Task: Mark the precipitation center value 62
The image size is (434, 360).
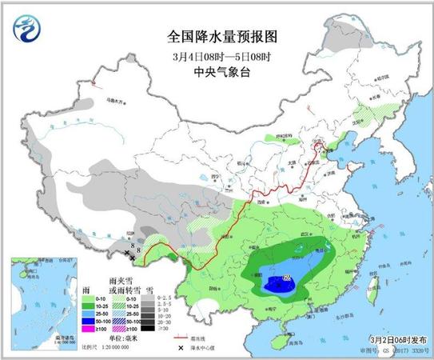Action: pyautogui.click(x=287, y=278)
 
